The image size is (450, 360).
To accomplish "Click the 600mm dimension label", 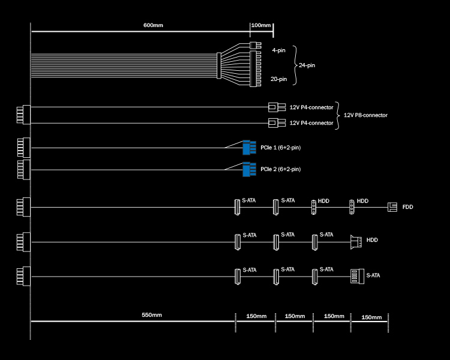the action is (153, 25).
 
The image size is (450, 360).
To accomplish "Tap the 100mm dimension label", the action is (261, 25).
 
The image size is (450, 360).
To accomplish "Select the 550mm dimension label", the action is (152, 315).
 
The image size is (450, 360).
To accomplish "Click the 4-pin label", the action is (278, 50).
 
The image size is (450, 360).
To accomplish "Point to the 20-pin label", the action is (278, 79).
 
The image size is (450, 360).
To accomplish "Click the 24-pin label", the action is (307, 65).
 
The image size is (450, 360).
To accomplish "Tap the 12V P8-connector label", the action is (365, 115).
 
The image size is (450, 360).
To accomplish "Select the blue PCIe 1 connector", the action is (249, 148).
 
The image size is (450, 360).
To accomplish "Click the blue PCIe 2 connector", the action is (249, 169).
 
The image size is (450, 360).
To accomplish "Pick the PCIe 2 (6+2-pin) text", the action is (280, 169).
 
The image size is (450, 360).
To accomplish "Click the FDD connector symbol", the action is (392, 207).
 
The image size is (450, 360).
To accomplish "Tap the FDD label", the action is (407, 207).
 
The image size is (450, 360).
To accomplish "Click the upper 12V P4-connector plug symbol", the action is (277, 107).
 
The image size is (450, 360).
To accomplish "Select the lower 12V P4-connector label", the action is (311, 123).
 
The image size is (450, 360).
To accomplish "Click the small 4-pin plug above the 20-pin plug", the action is (255, 46).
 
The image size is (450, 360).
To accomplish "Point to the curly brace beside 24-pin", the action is (295, 65).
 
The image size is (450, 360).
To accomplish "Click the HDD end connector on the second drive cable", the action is (356, 242).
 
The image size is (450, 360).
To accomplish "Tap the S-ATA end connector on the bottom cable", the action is (358, 276).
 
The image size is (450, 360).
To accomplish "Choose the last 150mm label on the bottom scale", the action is (371, 317).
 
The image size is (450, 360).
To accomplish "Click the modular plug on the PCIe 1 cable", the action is (24, 148).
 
